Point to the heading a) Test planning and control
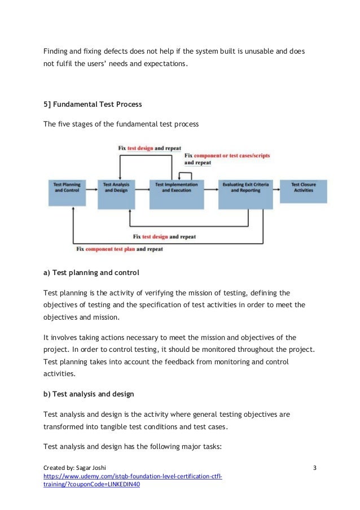tap(91, 273)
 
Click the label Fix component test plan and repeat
tap(119, 249)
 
